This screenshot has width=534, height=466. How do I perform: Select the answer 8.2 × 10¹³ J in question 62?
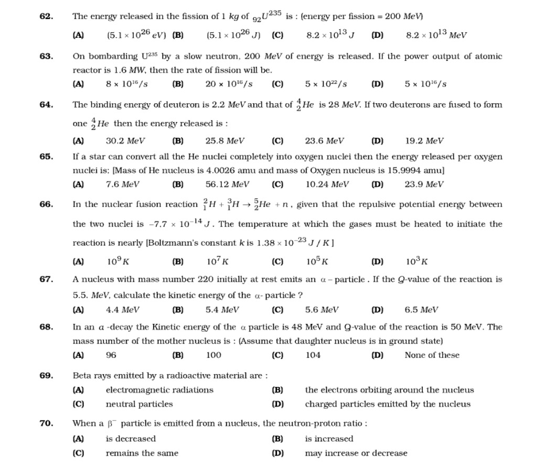(330, 36)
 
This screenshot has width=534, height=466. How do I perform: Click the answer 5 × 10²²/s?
(326, 84)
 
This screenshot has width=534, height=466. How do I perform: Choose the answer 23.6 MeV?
(325, 140)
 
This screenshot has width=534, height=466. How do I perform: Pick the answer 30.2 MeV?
(125, 140)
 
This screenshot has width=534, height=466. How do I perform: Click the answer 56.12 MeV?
(228, 184)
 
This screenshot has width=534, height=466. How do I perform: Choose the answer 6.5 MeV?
(421, 310)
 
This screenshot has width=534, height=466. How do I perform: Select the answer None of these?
(432, 355)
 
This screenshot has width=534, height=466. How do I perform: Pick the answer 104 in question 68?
(313, 355)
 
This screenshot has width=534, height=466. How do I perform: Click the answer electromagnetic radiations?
(159, 389)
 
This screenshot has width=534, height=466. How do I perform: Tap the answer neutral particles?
(139, 404)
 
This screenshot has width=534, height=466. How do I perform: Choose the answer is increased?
(329, 439)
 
